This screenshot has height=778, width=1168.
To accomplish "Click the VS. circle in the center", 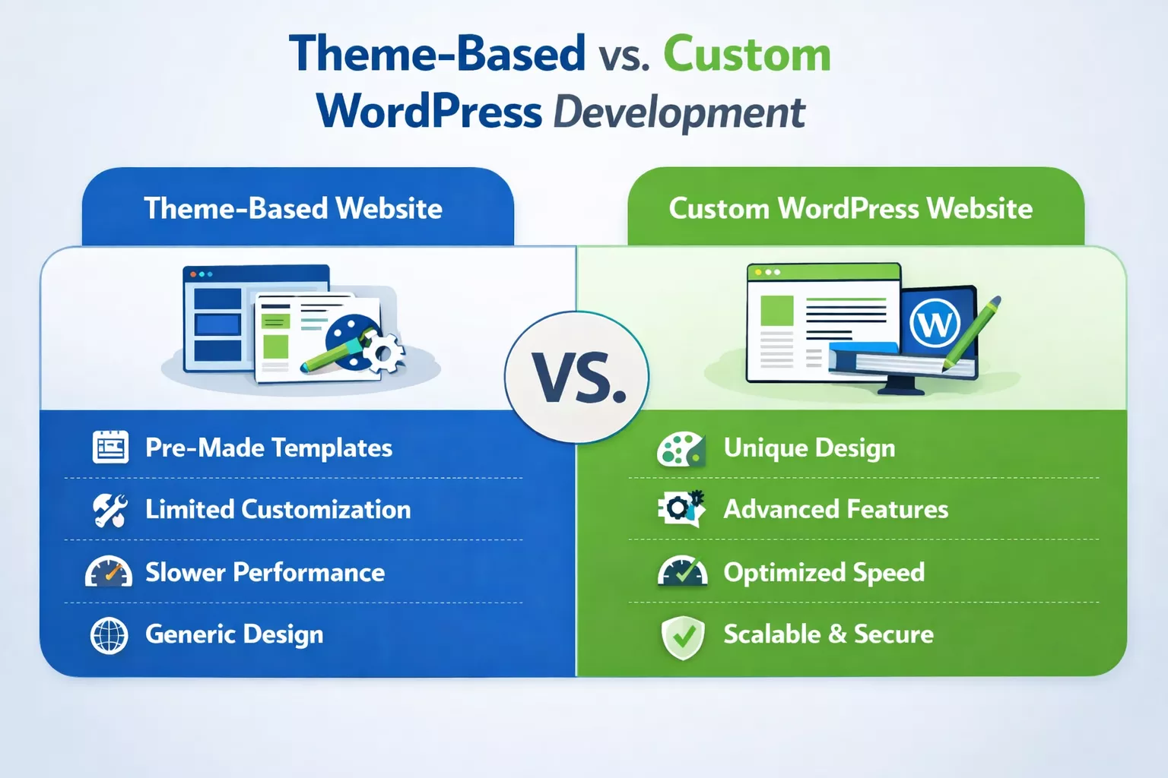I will click(x=577, y=377).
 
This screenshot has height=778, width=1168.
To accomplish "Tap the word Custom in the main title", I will click(x=747, y=55).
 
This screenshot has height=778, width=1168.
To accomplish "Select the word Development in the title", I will click(x=678, y=112).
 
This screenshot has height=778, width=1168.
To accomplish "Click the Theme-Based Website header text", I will click(x=293, y=208).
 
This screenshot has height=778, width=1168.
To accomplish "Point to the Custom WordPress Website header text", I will click(x=850, y=208).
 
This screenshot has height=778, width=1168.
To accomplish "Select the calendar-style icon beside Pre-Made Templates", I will click(x=110, y=447).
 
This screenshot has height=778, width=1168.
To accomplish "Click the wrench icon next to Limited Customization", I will click(x=109, y=510).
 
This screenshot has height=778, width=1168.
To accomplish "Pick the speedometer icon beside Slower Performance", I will click(x=109, y=572).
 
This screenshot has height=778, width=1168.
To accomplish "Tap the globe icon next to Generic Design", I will click(x=109, y=635).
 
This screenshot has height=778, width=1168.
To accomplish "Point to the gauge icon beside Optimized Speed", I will click(x=682, y=572).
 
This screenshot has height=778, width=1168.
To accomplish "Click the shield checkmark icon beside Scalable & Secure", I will click(x=683, y=637).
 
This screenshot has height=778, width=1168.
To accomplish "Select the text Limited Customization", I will click(x=278, y=509).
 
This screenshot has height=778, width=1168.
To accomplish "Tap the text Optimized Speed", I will click(x=824, y=572).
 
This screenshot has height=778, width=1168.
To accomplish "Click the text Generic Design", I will click(x=234, y=634).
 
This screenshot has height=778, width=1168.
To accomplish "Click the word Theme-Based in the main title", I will click(x=437, y=55).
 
